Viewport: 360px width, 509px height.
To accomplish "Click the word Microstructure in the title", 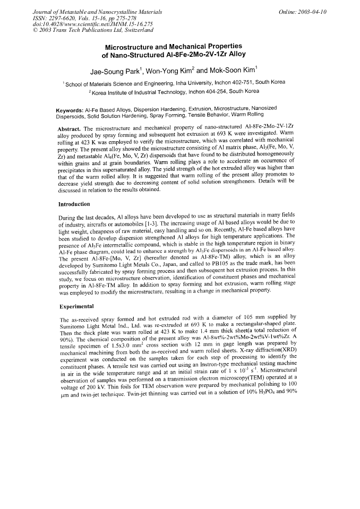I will point(135,46).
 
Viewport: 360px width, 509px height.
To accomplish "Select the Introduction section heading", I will point(74,204).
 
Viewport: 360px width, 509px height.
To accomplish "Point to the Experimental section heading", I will point(76,306).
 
